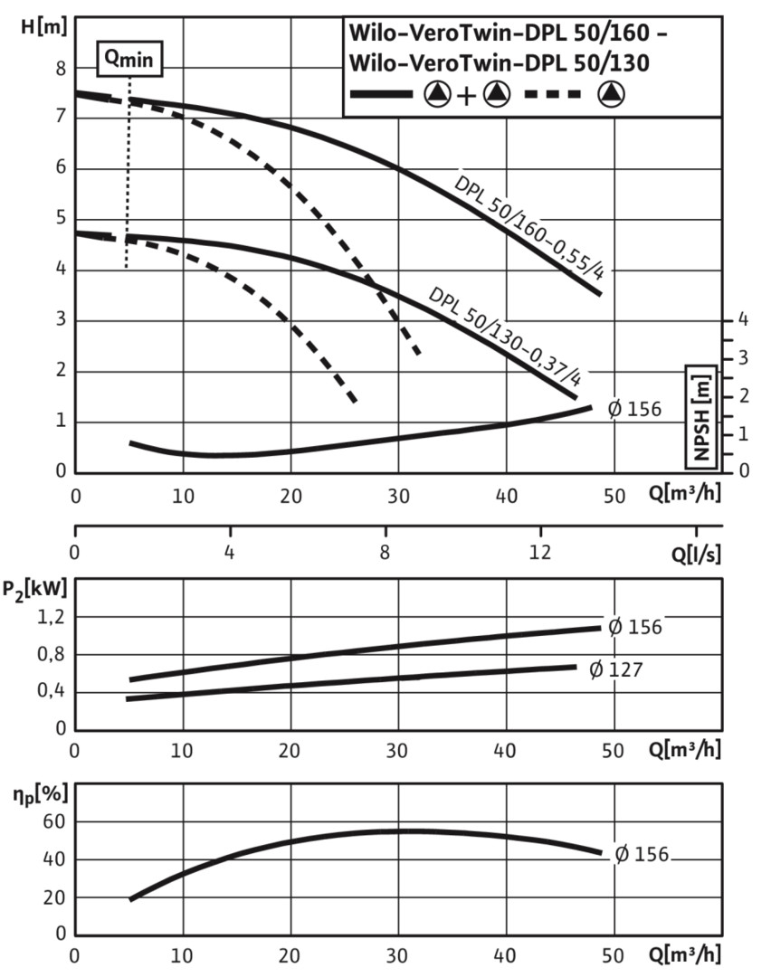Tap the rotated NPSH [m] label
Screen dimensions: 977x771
pyautogui.click(x=701, y=415)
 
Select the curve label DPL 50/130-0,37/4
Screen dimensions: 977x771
pyautogui.click(x=504, y=335)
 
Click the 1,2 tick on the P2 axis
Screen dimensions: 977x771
pyautogui.click(x=52, y=617)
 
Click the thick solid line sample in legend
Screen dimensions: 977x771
pyautogui.click(x=380, y=94)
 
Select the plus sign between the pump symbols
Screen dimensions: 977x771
pyautogui.click(x=464, y=94)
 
